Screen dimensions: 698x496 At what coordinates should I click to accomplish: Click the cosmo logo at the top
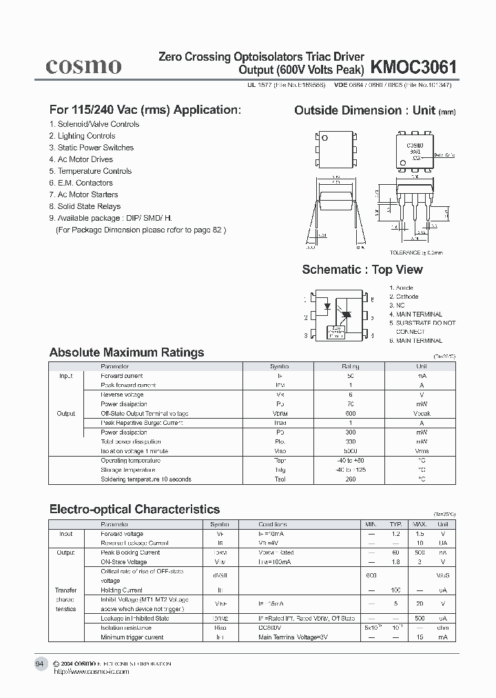pos(83,66)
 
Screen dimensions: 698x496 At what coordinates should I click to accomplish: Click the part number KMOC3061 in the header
pos(413,67)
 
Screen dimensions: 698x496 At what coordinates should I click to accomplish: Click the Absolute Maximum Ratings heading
pos(127,352)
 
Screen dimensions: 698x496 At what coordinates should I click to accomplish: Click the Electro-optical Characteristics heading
pos(134,510)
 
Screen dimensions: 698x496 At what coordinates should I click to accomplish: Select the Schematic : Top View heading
pos(362,270)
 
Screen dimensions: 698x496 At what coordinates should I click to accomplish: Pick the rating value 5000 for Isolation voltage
pos(351,451)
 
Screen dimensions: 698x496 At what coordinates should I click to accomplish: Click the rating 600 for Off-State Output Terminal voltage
pos(351,414)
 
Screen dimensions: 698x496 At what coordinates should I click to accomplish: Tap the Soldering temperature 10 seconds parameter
pos(146,479)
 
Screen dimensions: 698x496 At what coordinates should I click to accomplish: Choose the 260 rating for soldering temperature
pos(351,479)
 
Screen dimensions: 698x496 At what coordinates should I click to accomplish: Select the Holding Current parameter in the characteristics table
pos(122,590)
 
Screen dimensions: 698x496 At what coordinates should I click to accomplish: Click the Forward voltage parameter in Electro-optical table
pos(122,534)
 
